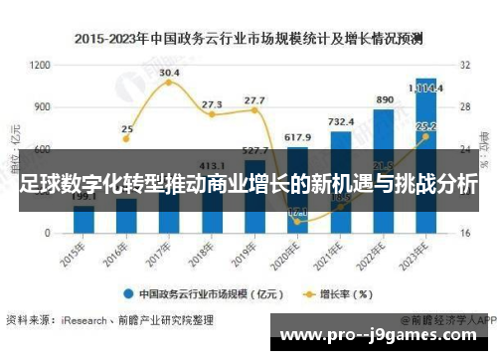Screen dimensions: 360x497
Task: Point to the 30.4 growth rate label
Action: (x=170, y=73)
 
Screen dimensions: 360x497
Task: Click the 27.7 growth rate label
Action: (x=254, y=99)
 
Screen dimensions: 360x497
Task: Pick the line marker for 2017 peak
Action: (x=169, y=83)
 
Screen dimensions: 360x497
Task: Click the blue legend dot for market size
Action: (x=128, y=293)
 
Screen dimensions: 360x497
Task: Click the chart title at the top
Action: (x=248, y=39)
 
